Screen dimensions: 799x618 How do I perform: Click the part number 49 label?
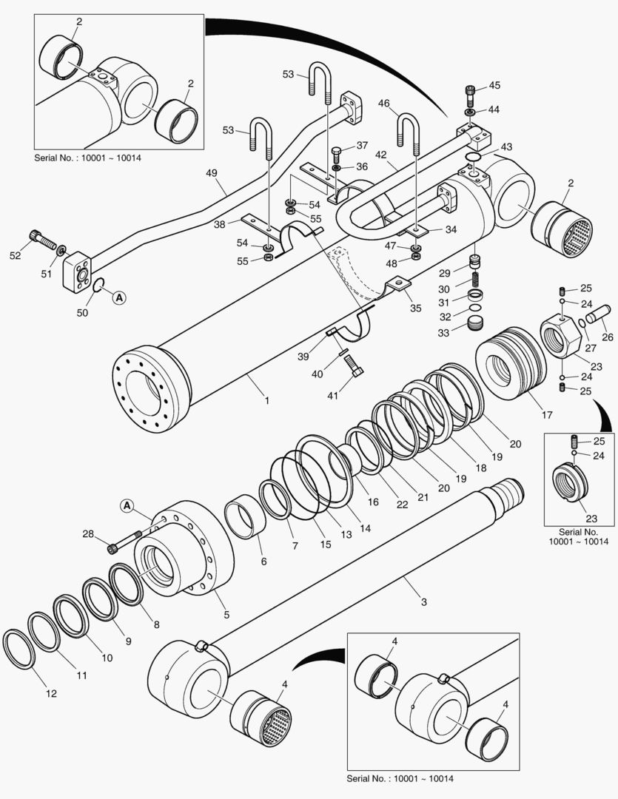212,174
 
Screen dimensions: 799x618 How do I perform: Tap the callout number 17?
547,415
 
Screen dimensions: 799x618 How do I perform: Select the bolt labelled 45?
470,94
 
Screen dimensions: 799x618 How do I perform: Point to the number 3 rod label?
423,601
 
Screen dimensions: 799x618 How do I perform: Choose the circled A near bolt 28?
127,506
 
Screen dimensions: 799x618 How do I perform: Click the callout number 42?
381,155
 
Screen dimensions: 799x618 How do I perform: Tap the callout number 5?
226,614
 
